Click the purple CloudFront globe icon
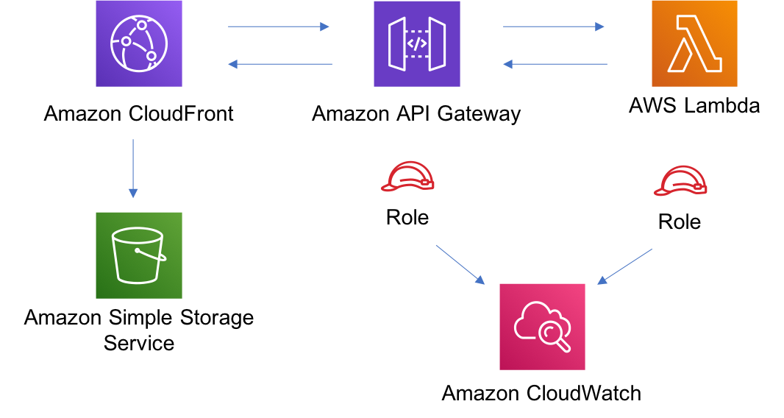(139, 43)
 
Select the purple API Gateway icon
(417, 43)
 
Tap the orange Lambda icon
(694, 43)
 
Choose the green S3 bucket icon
(139, 255)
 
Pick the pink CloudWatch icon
(542, 327)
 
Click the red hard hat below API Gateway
(407, 177)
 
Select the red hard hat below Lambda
(680, 181)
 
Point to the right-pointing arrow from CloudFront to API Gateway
(279, 26)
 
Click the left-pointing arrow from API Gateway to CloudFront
(280, 64)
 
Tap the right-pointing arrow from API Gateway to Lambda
(554, 26)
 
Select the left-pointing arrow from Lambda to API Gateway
(555, 64)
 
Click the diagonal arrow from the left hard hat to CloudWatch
(460, 265)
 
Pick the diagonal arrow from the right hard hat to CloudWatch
(624, 266)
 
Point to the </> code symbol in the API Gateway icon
(417, 43)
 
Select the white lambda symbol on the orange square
(694, 44)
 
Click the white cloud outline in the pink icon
(531, 319)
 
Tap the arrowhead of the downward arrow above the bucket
(133, 194)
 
